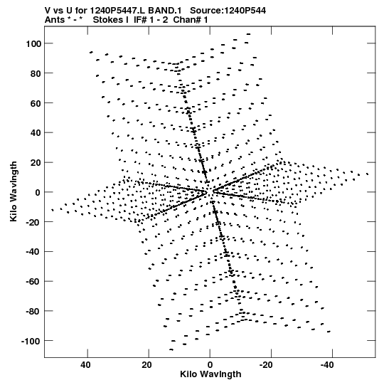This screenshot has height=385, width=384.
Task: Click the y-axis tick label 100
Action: pos(33,43)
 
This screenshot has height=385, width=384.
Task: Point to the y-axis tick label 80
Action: pos(36,73)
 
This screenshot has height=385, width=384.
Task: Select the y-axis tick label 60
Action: pos(36,103)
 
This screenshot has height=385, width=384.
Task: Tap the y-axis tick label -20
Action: pos(33,222)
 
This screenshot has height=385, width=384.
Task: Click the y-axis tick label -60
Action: pos(33,281)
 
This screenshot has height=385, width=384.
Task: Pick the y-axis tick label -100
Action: pos(31,341)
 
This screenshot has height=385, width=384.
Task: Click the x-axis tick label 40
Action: pos(85,365)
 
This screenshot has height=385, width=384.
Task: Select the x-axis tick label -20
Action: pos(266,365)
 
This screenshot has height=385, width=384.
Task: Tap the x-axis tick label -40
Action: pos(327,365)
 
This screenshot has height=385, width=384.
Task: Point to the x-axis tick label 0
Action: pos(210,365)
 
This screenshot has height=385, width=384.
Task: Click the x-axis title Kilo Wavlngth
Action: pos(210,374)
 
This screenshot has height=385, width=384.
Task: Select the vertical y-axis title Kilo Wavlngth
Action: pos(14,191)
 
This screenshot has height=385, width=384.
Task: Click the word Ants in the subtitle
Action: pos(54,20)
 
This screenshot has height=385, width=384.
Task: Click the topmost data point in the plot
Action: pos(249,34)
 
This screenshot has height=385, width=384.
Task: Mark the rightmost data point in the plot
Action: pos(368,174)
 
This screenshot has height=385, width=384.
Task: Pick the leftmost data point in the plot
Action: pos(52,210)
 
